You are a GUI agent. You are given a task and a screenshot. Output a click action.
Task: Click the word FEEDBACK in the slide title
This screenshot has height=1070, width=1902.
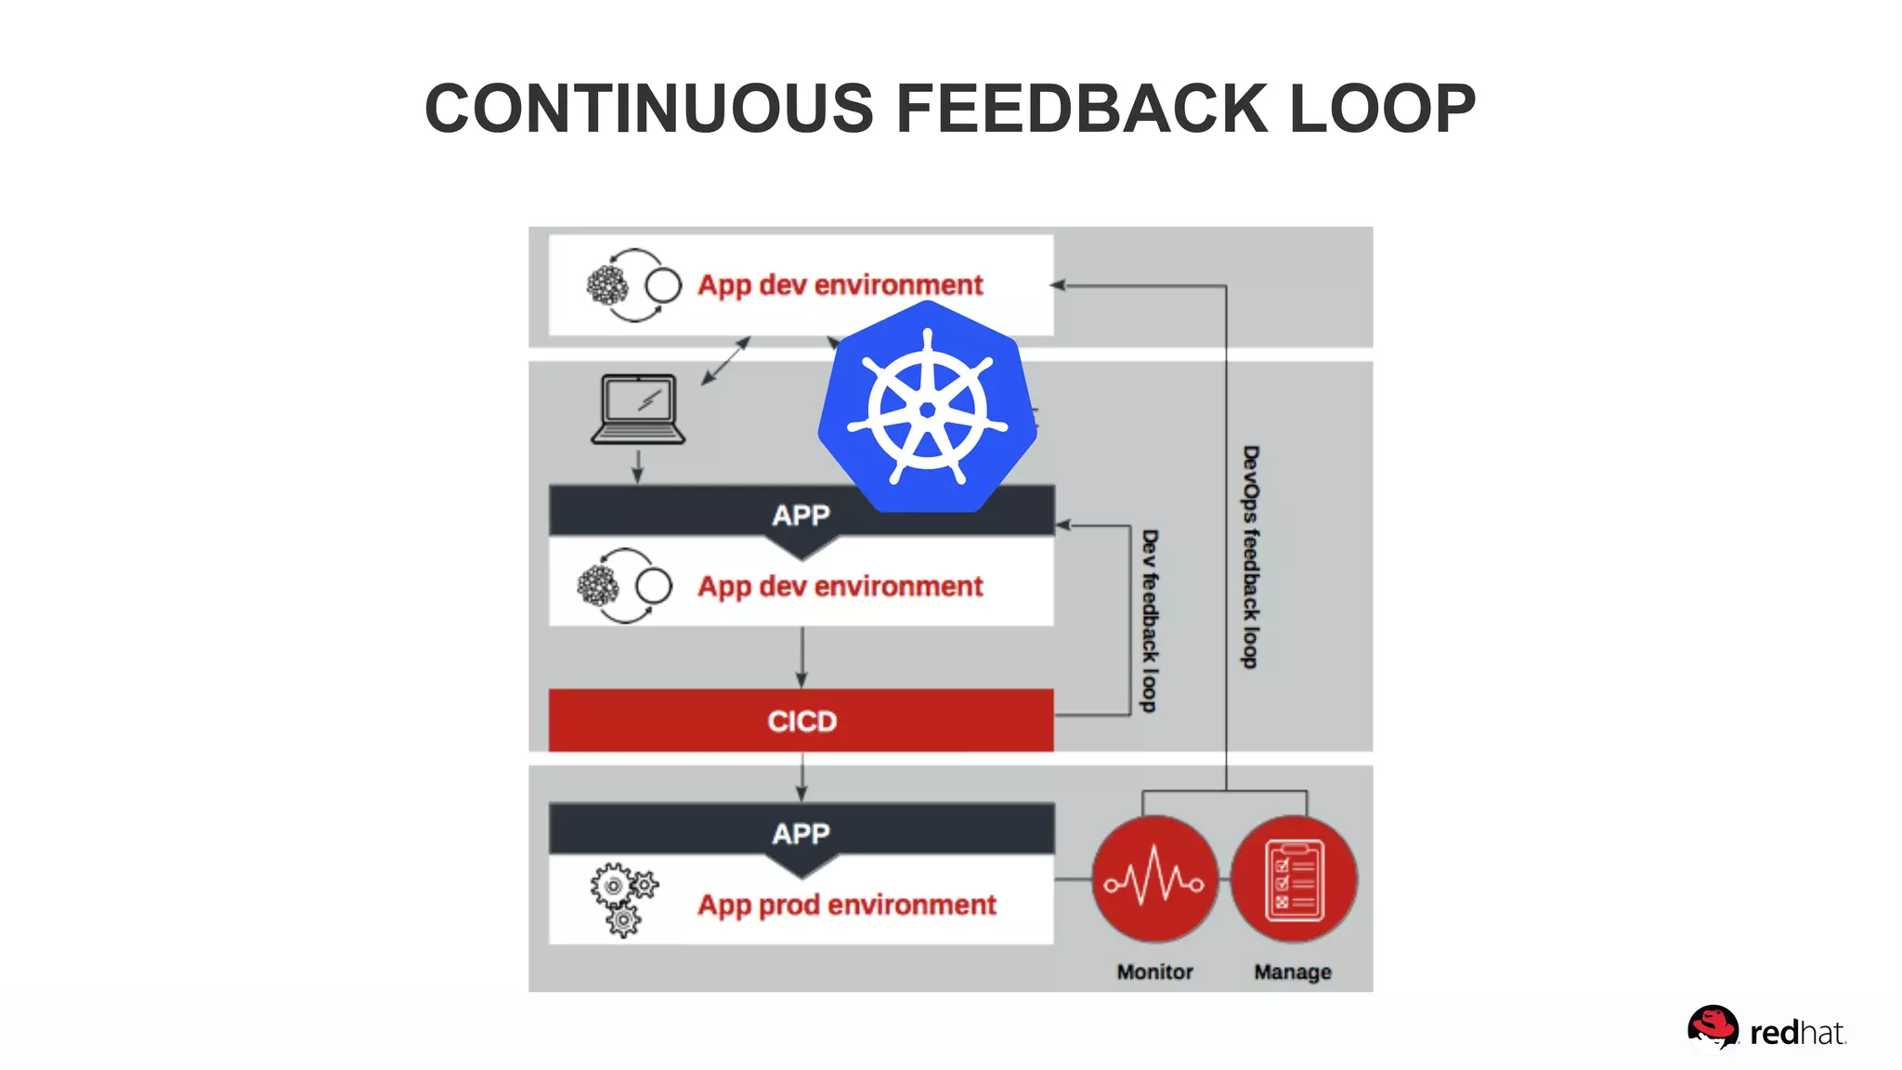1081,109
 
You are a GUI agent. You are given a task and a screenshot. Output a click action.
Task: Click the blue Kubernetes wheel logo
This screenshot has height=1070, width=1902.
928,410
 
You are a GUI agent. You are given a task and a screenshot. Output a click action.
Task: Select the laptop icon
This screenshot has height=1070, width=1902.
638,409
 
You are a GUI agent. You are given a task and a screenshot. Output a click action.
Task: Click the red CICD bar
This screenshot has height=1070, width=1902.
801,721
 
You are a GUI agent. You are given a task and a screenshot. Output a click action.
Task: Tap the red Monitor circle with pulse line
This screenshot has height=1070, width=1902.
1154,879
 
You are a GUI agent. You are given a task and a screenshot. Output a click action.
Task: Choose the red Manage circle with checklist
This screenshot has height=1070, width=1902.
1294,879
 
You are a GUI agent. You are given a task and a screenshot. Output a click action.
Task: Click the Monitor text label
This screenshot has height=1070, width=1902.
1154,972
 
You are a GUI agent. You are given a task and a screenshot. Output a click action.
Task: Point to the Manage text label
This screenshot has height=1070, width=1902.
1293,972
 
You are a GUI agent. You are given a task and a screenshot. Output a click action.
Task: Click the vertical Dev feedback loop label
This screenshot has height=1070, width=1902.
1150,620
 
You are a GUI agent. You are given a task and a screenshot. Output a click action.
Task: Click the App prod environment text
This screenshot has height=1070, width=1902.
847,905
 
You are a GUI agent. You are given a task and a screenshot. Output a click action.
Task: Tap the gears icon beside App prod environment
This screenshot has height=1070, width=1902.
623,899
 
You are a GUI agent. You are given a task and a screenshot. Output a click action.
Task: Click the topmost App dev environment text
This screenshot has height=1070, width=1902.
840,284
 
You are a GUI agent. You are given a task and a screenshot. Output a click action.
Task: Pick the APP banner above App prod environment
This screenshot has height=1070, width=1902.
801,833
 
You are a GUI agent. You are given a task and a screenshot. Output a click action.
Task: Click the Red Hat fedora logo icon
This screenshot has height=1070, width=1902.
1712,1029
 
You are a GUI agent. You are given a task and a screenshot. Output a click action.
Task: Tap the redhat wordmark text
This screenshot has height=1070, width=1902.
1797,1033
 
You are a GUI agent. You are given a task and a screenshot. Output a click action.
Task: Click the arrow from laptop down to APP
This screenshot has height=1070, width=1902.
638,466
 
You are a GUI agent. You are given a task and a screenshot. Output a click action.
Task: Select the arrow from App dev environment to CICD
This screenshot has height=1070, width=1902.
802,658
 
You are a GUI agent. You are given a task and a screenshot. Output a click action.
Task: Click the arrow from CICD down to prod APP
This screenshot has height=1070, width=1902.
802,776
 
